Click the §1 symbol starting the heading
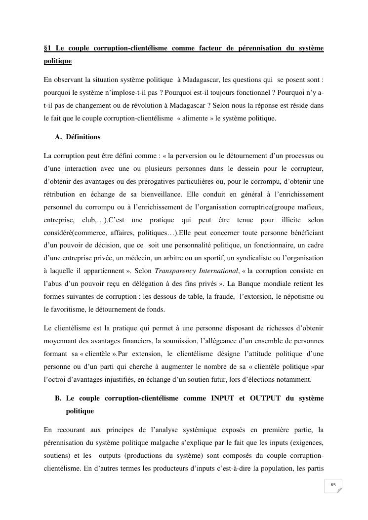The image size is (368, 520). click(47, 48)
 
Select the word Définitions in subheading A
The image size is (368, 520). click(83, 137)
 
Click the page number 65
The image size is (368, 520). click(333, 485)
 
